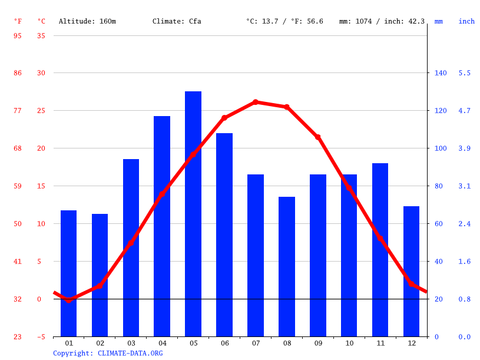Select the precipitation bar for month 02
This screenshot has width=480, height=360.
click(x=100, y=275)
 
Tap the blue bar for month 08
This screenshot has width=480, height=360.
click(x=287, y=266)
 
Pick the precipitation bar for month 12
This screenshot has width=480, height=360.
click(x=411, y=271)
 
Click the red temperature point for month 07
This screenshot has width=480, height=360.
click(x=256, y=102)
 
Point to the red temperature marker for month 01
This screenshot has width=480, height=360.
click(x=69, y=300)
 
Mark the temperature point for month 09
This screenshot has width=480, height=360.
click(x=318, y=137)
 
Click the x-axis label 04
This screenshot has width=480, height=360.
click(x=162, y=343)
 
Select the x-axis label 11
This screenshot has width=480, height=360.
click(x=380, y=343)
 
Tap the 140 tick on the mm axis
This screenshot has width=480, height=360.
click(x=441, y=73)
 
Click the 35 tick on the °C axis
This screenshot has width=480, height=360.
click(x=41, y=35)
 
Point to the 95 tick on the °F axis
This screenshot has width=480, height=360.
click(x=18, y=35)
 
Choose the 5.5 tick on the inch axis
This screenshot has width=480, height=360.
click(x=465, y=73)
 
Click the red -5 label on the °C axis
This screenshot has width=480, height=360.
click(x=41, y=337)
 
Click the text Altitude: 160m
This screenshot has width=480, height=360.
click(x=87, y=21)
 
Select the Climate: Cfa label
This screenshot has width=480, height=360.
click(x=177, y=21)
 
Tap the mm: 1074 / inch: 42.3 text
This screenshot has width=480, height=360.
click(x=382, y=21)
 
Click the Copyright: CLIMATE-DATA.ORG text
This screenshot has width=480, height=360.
click(x=108, y=353)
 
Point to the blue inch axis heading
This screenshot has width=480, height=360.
click(x=466, y=21)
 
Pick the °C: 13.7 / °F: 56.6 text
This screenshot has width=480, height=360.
click(x=284, y=21)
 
